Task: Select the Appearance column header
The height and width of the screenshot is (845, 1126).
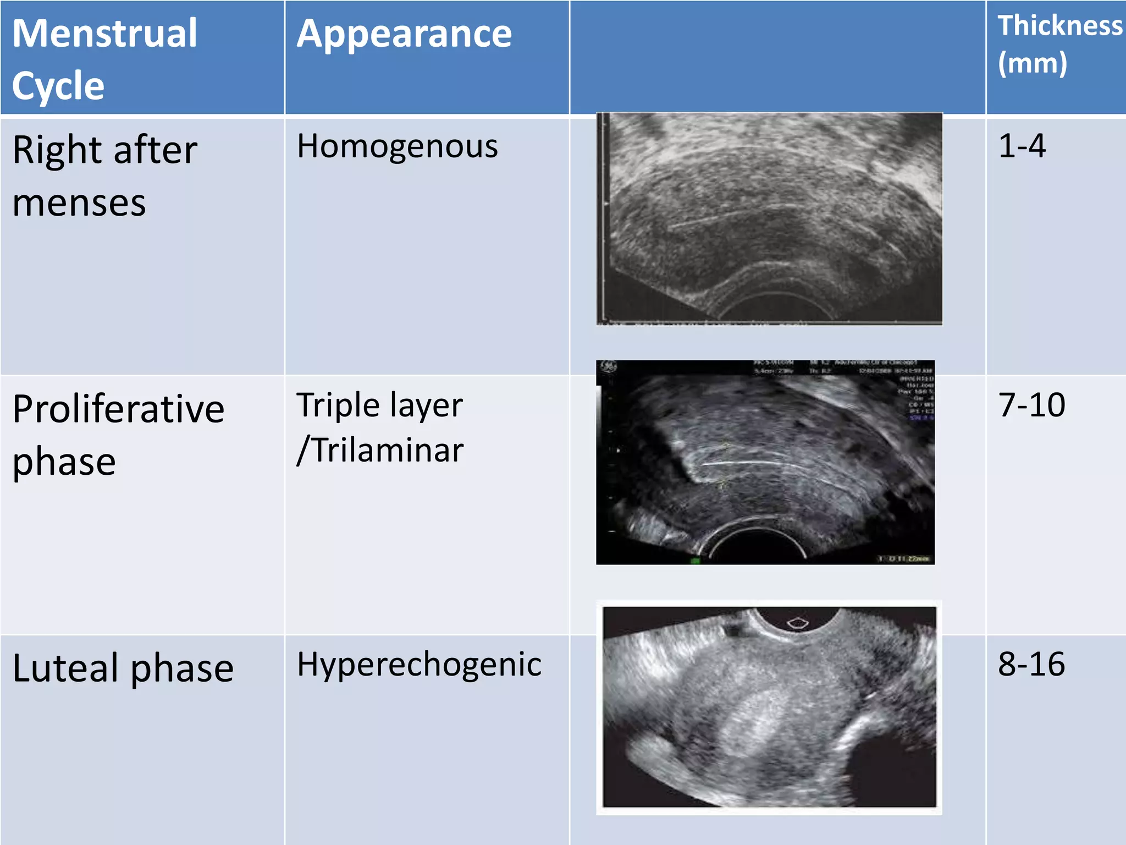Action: (404, 34)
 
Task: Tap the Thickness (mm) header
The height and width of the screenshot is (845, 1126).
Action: (1059, 44)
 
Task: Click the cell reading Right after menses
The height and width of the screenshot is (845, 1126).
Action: (104, 176)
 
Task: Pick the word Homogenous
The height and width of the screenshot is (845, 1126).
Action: (398, 146)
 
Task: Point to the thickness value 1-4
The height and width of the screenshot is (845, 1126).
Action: (1022, 146)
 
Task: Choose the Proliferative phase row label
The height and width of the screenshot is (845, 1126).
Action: (118, 435)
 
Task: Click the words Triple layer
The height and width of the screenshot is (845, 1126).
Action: (379, 405)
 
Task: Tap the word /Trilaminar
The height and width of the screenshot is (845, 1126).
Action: (380, 450)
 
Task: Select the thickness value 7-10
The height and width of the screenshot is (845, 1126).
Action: (1031, 405)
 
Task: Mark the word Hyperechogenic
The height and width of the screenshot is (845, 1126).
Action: (419, 665)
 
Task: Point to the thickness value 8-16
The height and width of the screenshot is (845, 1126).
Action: (1031, 665)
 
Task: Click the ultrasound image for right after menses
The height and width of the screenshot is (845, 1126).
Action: (770, 218)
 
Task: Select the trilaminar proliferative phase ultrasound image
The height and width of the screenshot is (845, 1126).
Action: (765, 462)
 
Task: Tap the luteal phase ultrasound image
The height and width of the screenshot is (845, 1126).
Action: (770, 707)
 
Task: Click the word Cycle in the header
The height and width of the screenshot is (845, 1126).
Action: (58, 86)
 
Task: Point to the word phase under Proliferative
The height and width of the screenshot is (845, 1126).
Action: (64, 461)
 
